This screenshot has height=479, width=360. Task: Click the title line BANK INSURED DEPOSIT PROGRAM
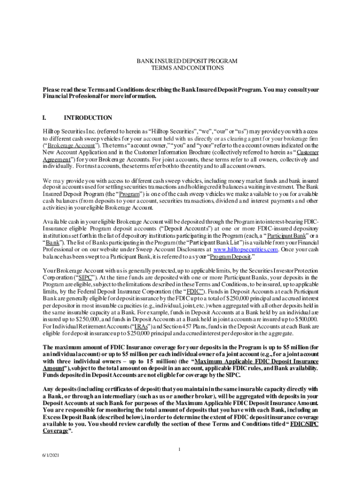pyautogui.click(x=180, y=61)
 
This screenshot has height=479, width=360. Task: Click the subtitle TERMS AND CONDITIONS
pyautogui.click(x=180, y=68)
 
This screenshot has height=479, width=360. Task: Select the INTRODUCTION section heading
pyautogui.click(x=88, y=118)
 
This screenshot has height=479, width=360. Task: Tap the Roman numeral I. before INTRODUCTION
pyautogui.click(x=45, y=118)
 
